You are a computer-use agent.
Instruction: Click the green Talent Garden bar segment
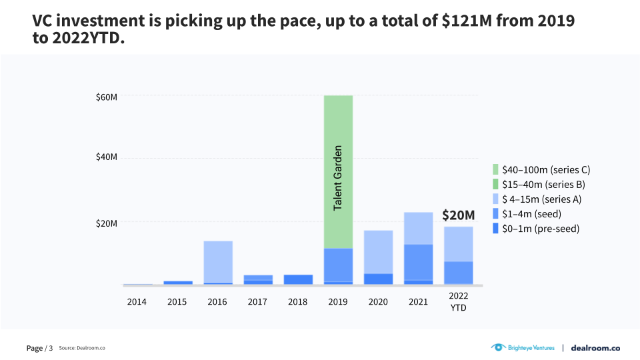[x=338, y=172]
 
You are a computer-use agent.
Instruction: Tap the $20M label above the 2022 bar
[x=459, y=215]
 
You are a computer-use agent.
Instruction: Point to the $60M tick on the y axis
[x=106, y=97]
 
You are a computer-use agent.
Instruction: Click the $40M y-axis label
[x=106, y=157]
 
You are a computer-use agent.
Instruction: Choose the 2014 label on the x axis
[x=137, y=302]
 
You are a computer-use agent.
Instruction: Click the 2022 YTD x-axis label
[x=458, y=301]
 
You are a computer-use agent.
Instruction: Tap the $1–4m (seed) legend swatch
[x=495, y=214]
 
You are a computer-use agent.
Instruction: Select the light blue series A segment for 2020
[x=378, y=252]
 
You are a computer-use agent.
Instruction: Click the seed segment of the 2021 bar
[x=418, y=262]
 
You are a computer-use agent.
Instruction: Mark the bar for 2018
[x=297, y=279]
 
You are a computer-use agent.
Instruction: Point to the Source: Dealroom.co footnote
[x=82, y=348]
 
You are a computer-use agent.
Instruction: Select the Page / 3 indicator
[x=39, y=348]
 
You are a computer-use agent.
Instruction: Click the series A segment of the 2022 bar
[x=459, y=244]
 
